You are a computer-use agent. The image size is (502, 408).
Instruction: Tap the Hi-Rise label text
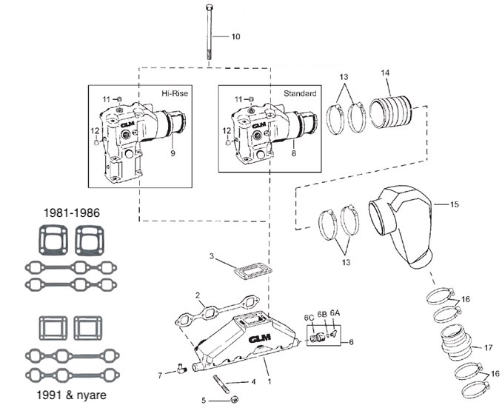tap(175, 94)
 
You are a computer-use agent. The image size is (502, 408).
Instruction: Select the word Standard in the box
tap(300, 94)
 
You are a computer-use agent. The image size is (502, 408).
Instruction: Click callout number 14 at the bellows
tap(384, 73)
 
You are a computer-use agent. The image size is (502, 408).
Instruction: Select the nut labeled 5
tap(234, 399)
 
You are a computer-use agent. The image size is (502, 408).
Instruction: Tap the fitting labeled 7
tap(181, 365)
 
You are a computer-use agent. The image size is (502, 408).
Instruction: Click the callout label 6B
tap(322, 313)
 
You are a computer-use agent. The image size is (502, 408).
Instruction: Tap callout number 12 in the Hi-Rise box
tap(94, 130)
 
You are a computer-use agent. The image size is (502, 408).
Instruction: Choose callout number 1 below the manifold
tap(270, 381)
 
